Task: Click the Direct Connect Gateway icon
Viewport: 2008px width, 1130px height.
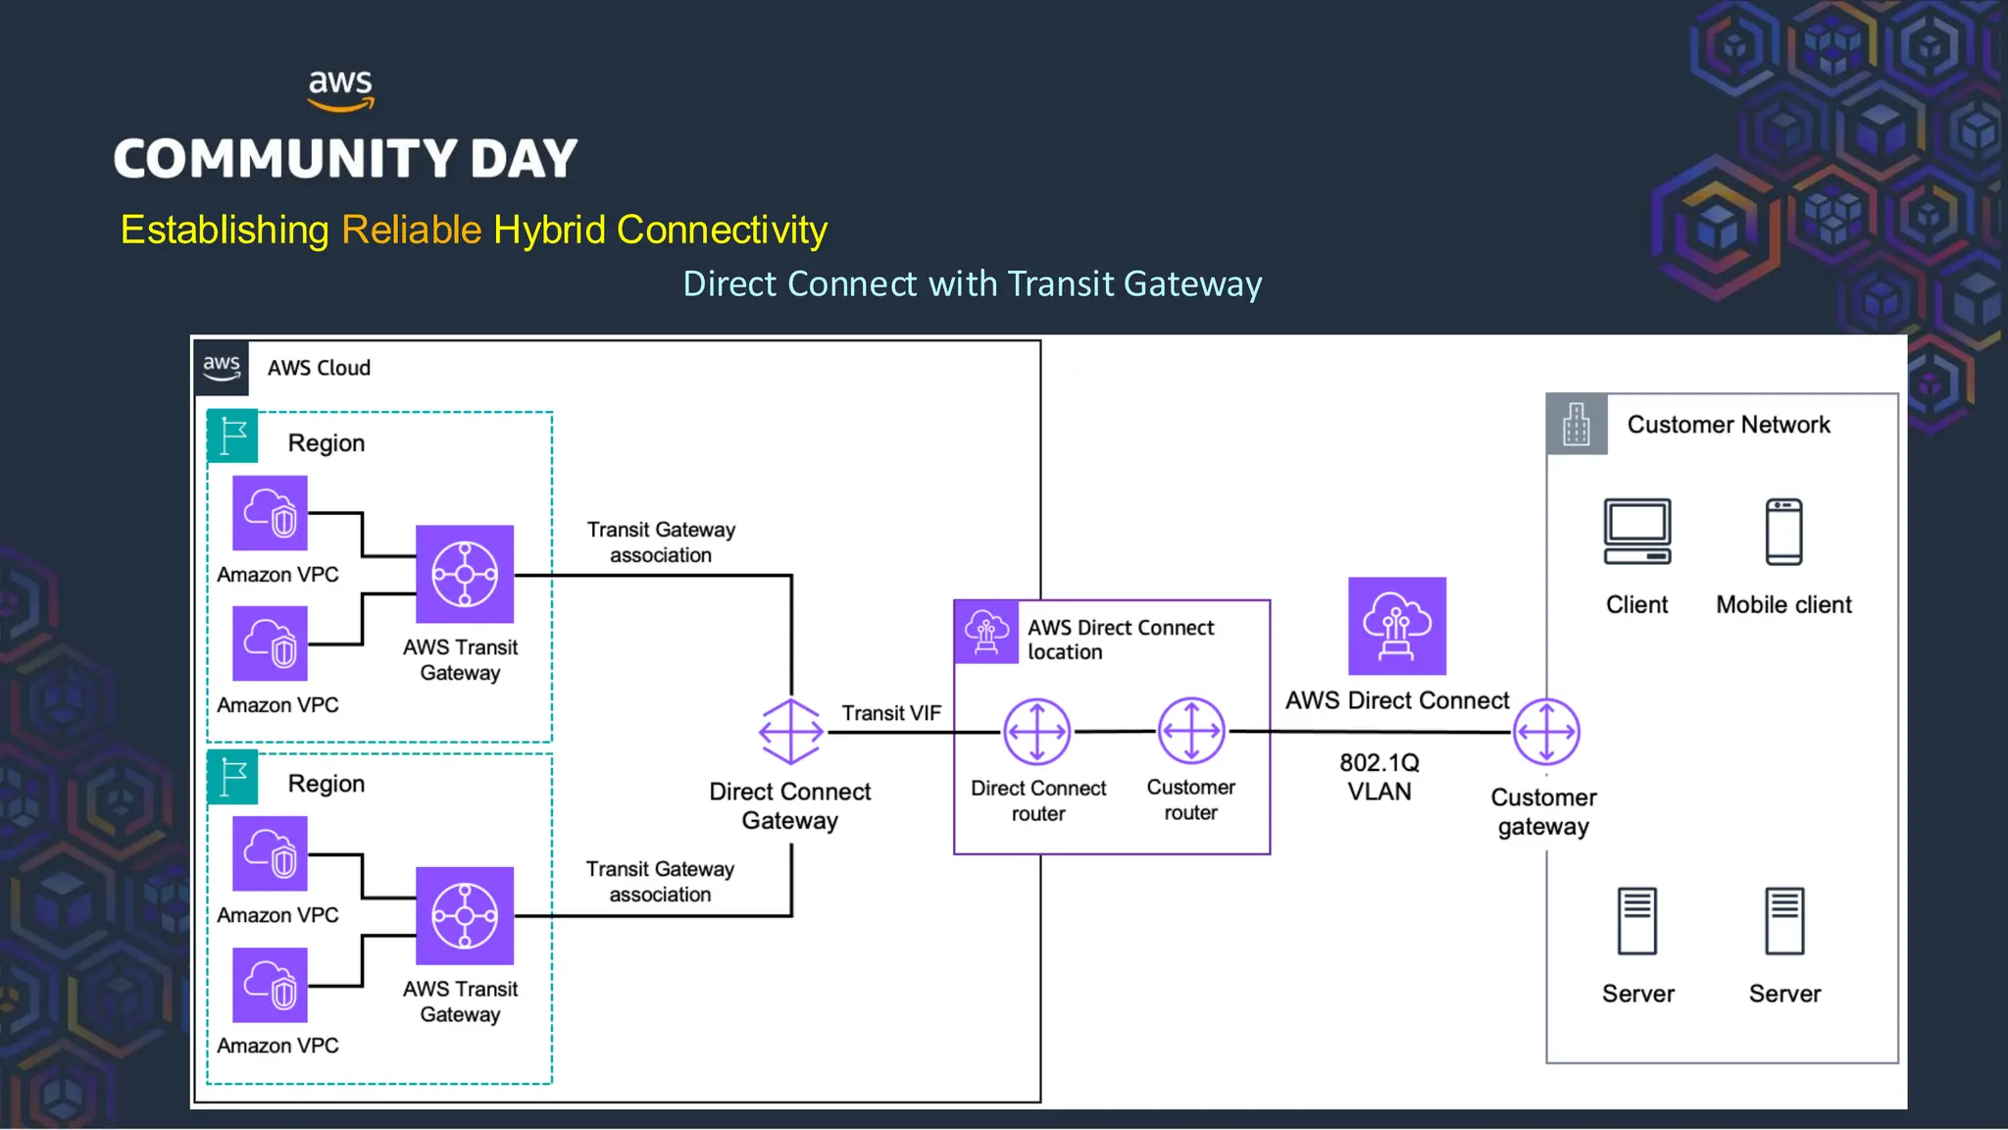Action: (790, 732)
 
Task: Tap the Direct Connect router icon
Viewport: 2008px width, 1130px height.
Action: (1036, 732)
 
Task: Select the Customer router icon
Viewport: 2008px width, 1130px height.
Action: (1191, 731)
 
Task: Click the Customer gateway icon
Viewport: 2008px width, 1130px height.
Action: (1546, 732)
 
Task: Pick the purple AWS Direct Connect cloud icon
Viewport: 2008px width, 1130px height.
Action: (1397, 626)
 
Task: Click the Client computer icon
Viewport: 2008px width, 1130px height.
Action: (1636, 532)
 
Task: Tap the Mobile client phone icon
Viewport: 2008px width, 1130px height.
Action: (1783, 532)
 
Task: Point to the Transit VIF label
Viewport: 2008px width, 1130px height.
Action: (890, 713)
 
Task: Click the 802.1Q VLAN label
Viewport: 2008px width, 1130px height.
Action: (1380, 777)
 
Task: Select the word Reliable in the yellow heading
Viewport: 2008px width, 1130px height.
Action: (411, 230)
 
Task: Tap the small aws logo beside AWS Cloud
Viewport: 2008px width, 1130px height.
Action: (222, 368)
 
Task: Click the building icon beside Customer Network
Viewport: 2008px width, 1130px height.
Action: (1577, 424)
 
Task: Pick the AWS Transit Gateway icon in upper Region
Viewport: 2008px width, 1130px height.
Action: (465, 574)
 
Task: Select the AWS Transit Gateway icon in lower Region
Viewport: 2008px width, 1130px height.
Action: (465, 915)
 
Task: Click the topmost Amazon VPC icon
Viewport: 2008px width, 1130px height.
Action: (270, 513)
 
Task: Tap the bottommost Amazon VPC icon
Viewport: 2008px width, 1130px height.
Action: (270, 985)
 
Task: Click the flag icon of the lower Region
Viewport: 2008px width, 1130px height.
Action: (233, 777)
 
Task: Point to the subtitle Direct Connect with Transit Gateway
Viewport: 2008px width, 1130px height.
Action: (972, 283)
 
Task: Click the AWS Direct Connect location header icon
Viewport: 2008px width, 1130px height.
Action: (986, 632)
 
